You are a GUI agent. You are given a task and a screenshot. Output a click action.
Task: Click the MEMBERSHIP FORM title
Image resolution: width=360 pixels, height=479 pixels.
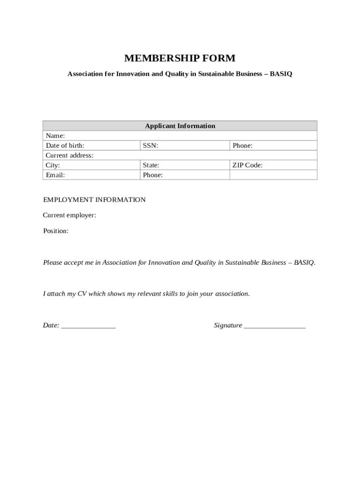[180, 58]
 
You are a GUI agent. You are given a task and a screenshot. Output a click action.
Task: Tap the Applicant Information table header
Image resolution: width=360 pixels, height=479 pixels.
[180, 126]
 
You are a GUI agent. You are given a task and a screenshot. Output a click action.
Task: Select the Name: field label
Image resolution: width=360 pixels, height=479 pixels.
[55, 136]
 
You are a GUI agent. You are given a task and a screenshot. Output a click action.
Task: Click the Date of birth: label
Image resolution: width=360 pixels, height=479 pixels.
[65, 145]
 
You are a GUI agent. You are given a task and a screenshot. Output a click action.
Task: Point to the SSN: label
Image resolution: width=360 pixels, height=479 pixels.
[151, 145]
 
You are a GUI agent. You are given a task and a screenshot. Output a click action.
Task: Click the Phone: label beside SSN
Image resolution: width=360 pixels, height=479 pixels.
[243, 145]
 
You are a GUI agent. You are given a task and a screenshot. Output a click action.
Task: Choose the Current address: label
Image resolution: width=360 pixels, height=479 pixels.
[69, 155]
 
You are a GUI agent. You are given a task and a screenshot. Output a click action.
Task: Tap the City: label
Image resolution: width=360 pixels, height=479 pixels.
[53, 165]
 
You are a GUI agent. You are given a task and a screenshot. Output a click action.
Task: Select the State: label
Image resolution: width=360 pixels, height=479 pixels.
[151, 165]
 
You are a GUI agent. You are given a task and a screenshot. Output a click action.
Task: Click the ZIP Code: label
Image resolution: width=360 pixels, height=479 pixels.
[247, 165]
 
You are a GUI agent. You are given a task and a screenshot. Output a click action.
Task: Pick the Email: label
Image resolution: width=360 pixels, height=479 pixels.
[55, 175]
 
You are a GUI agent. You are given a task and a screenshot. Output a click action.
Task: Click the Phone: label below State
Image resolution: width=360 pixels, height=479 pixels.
[153, 175]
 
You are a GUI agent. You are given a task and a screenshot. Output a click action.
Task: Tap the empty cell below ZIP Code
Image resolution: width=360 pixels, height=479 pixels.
[273, 175]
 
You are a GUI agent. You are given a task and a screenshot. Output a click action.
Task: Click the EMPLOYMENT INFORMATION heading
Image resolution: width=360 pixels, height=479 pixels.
[94, 200]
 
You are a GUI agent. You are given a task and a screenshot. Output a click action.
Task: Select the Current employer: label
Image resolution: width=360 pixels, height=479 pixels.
[70, 215]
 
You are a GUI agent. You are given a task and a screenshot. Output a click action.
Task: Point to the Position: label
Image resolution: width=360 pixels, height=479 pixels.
[56, 231]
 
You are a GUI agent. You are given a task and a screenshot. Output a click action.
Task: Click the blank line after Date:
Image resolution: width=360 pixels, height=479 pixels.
[88, 326]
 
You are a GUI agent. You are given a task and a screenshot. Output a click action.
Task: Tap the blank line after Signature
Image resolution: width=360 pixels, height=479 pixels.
[274, 326]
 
